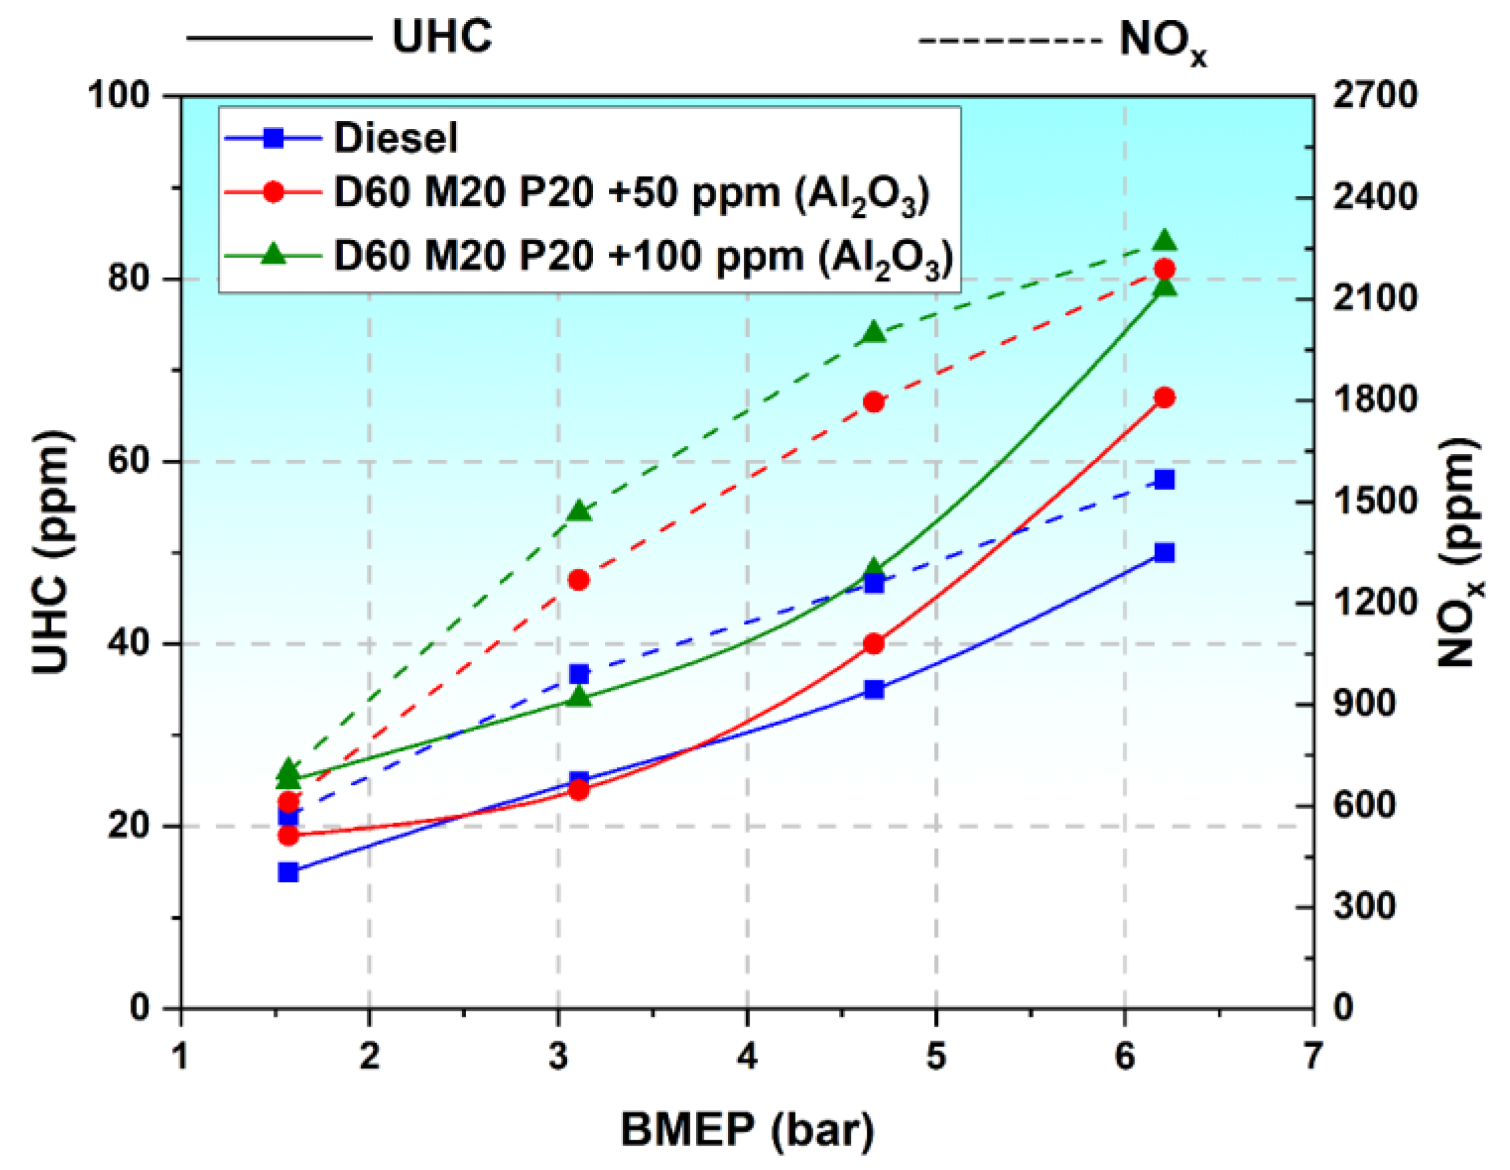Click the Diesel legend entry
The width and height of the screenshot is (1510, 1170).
click(x=395, y=138)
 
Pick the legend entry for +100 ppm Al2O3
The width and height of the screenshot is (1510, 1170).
click(x=643, y=256)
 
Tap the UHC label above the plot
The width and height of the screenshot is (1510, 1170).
click(x=442, y=36)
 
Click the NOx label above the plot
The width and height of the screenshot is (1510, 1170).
click(x=1162, y=42)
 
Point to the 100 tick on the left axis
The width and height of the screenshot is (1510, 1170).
click(x=119, y=94)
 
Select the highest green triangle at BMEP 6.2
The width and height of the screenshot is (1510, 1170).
click(x=1164, y=240)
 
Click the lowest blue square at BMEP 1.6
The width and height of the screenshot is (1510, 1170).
click(x=288, y=872)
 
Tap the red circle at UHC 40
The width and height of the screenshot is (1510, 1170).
click(x=874, y=644)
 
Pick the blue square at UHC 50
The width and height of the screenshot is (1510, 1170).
click(x=1164, y=553)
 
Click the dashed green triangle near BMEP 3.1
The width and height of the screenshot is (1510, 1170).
click(x=579, y=511)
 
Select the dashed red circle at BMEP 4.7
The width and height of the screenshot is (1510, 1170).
click(x=874, y=402)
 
